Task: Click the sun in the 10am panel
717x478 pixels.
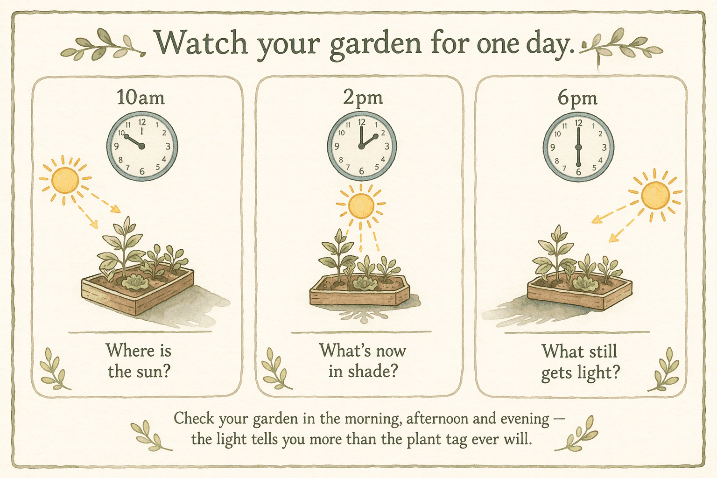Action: coord(64,180)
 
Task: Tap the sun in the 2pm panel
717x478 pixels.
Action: coord(361,205)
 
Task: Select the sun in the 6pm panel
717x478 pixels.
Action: coord(655,195)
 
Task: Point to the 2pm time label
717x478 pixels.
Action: coord(363,97)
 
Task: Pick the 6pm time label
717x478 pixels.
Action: coord(577,98)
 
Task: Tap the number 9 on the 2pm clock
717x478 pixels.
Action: coord(337,147)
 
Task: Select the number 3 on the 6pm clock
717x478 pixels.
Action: coord(604,148)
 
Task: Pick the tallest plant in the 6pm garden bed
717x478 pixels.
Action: coord(556,252)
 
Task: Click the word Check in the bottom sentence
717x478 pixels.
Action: coord(194,418)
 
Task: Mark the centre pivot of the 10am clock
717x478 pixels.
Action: coord(142,147)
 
